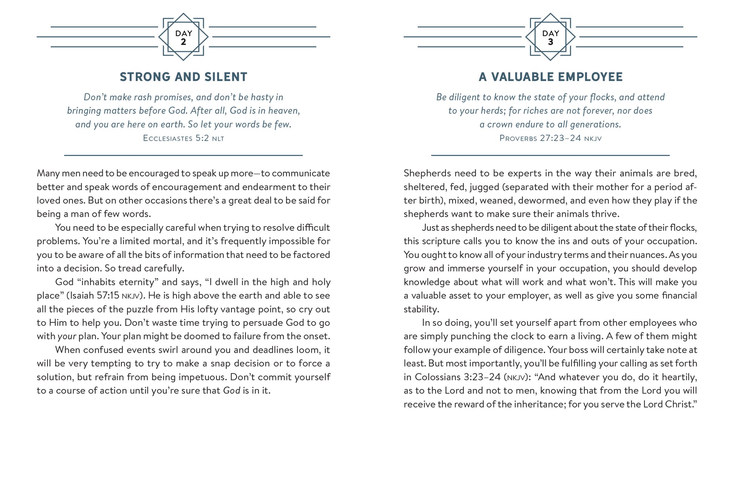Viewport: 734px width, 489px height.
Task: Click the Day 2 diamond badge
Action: [183, 37]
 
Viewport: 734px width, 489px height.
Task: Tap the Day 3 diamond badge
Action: [550, 37]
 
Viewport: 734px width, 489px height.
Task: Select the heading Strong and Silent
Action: [183, 77]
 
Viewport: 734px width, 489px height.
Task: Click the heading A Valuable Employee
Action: [550, 77]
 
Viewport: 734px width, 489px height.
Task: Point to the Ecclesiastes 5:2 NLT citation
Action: [183, 138]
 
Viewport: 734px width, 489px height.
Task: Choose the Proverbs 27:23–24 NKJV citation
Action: [550, 138]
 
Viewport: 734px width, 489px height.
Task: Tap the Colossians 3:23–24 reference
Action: [458, 377]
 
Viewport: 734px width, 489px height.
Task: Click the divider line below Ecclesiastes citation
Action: [183, 155]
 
